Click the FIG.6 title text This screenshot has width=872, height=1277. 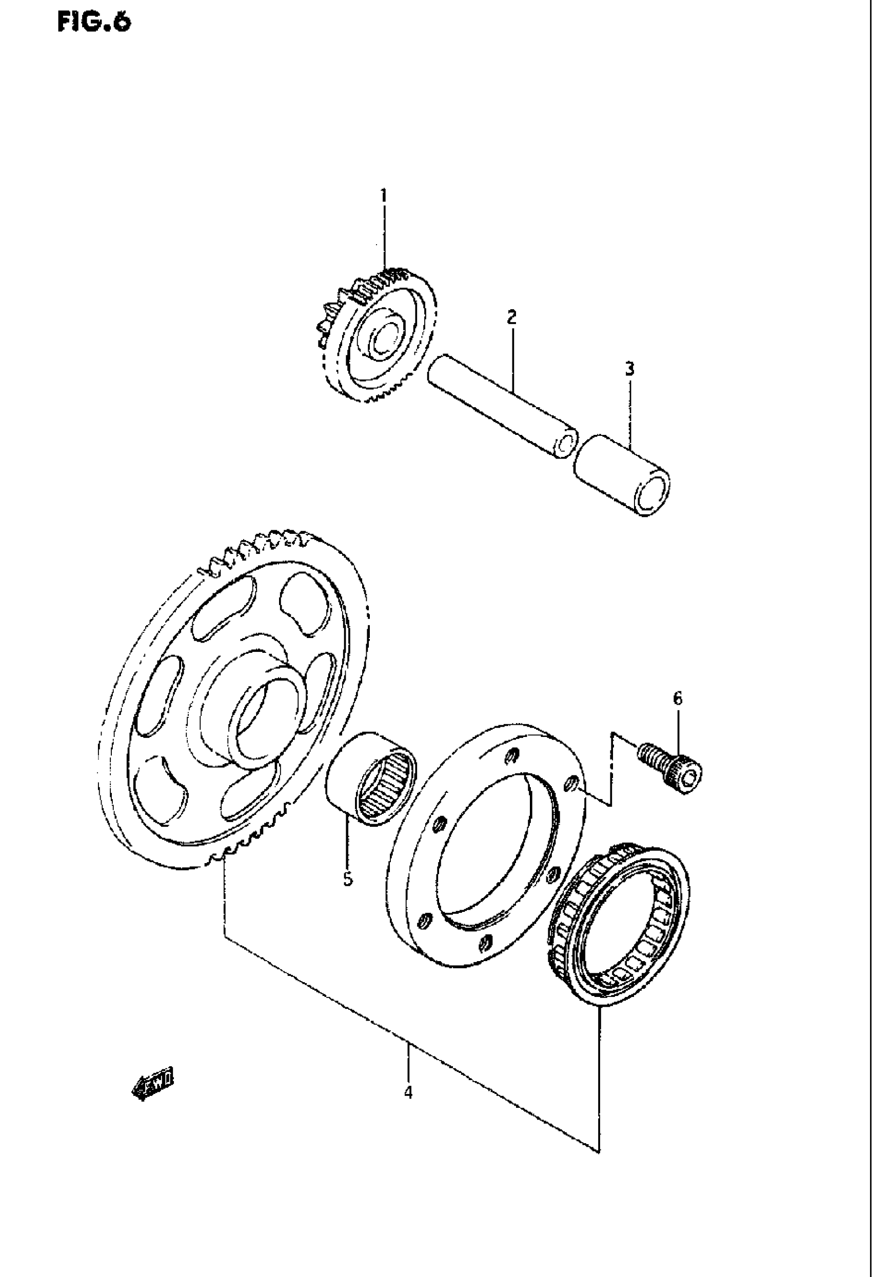point(94,24)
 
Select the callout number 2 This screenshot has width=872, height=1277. point(511,317)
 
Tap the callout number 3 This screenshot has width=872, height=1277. point(630,369)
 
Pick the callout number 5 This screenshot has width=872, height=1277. point(348,880)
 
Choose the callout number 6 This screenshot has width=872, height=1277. point(678,699)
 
